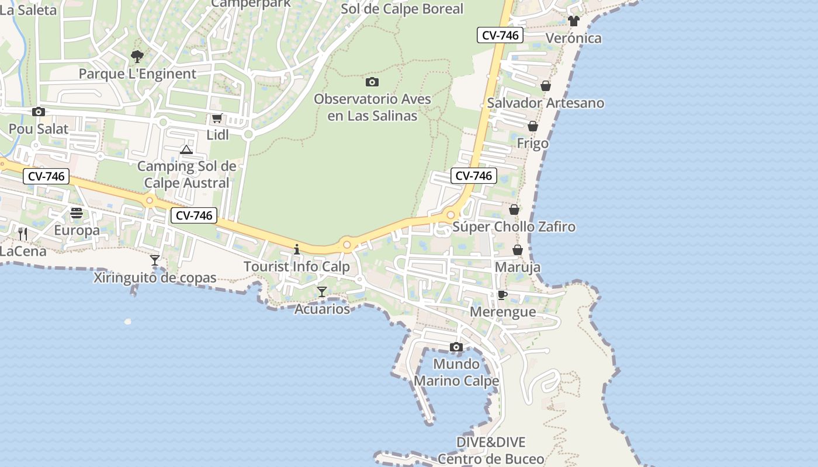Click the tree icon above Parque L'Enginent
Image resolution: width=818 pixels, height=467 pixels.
coord(137,57)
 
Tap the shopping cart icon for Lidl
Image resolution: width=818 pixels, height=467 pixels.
coord(217,119)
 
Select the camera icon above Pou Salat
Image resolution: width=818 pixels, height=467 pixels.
coord(39,112)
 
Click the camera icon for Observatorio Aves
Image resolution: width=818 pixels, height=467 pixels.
coord(372,82)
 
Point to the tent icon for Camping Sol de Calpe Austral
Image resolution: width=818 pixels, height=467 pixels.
coord(186,150)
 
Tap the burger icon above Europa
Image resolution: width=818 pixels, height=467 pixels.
coord(77,214)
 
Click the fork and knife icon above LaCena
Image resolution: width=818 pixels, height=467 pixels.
coord(23,234)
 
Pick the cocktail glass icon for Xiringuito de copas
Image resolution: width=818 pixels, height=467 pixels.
coord(155,260)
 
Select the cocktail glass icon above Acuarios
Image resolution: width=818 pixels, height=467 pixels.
coord(322,291)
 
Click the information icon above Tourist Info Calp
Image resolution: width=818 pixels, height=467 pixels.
coord(296,249)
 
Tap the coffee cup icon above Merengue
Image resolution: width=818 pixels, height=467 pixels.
coord(502,295)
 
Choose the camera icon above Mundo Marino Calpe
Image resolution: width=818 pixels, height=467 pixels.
coord(456,347)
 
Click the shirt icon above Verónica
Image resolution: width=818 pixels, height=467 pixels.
coord(573,21)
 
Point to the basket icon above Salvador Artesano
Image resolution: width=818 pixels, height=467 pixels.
coord(546,86)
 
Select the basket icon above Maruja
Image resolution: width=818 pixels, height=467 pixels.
coord(518,250)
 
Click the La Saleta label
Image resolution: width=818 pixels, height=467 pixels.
coord(29,10)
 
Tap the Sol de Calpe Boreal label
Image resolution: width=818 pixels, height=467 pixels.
coord(402,9)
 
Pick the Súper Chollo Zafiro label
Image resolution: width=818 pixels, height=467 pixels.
coord(514,226)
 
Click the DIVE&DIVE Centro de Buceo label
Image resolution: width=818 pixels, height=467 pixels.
coord(491,451)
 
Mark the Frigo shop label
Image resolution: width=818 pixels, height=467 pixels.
coord(533,143)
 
